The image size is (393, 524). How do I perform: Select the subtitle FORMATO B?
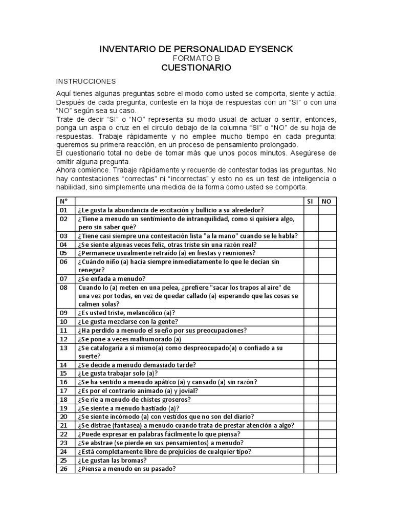point(196,58)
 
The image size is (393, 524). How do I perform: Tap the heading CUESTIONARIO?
point(196,68)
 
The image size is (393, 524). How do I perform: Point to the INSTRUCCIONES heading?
point(85,81)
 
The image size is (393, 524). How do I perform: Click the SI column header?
point(310,201)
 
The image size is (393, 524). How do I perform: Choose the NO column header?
point(327,201)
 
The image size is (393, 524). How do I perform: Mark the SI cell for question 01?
point(310,210)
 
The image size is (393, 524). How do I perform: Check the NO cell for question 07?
point(327,279)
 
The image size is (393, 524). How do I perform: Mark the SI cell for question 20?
point(310,417)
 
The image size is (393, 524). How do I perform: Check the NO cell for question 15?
point(327,374)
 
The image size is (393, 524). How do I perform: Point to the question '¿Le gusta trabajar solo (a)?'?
point(118,374)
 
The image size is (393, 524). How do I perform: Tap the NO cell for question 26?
point(327,469)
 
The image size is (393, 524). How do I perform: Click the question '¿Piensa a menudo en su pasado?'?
point(127,469)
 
